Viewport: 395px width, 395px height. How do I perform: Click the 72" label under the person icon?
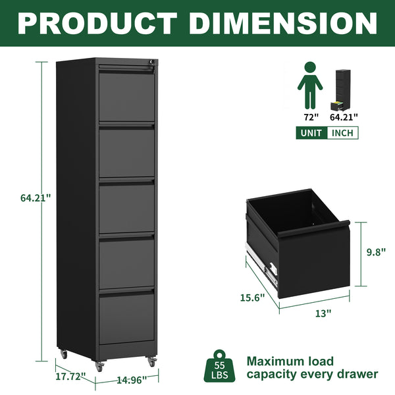coord(310,117)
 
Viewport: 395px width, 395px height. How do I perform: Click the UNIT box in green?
coord(311,133)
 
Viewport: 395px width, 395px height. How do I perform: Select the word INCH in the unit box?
coord(342,133)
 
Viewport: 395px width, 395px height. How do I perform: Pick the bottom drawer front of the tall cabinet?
coord(126,317)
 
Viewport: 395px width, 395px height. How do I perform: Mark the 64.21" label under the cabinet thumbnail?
coord(344,117)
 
